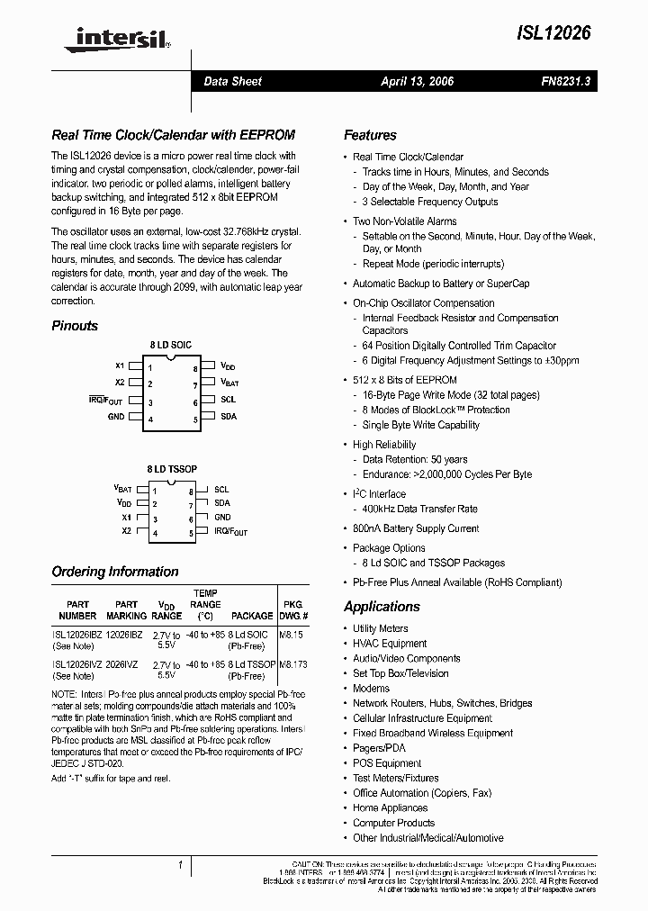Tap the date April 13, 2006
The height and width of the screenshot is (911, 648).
click(x=417, y=81)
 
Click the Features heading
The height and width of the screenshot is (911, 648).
click(x=370, y=135)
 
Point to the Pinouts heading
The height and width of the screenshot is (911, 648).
click(x=75, y=326)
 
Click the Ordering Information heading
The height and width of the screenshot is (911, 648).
click(x=115, y=572)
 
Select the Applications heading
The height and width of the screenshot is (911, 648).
click(x=382, y=607)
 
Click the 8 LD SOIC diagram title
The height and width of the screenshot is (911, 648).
click(x=170, y=346)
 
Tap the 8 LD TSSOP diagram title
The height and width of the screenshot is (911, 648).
click(x=172, y=469)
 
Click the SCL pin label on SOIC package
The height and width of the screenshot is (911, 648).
click(x=228, y=400)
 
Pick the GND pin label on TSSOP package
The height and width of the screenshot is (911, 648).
click(x=222, y=518)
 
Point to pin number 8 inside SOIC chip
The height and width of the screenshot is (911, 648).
click(x=195, y=369)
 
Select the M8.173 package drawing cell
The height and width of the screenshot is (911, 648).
click(x=293, y=664)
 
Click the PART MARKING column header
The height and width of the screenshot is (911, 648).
click(x=127, y=610)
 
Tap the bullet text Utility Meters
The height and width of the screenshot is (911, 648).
click(x=380, y=628)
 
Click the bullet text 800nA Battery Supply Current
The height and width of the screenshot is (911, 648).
click(x=416, y=528)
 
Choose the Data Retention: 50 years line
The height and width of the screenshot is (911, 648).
click(x=415, y=459)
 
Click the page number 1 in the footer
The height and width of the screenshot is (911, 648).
click(x=180, y=866)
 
